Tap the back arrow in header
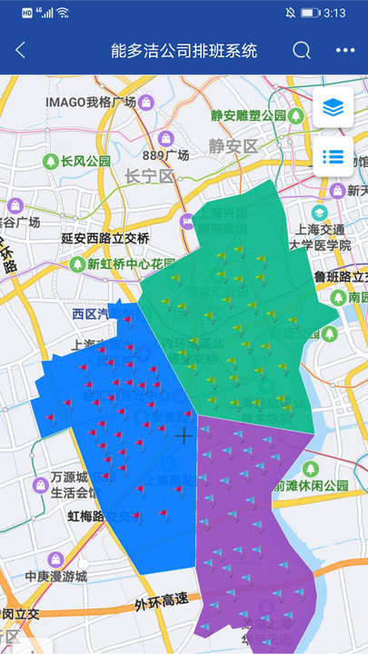[x=21, y=51]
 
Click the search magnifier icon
[x=302, y=51]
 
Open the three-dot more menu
[x=345, y=51]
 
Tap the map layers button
[x=333, y=108]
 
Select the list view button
[x=333, y=157]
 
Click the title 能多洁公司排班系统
[x=184, y=51]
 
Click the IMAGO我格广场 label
[x=90, y=101]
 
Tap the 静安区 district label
[x=233, y=145]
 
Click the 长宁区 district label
[x=149, y=175]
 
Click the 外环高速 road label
[x=160, y=599]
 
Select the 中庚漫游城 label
[x=55, y=576]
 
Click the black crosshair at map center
[x=184, y=436]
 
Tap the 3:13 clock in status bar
[x=334, y=13]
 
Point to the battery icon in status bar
[x=310, y=13]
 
